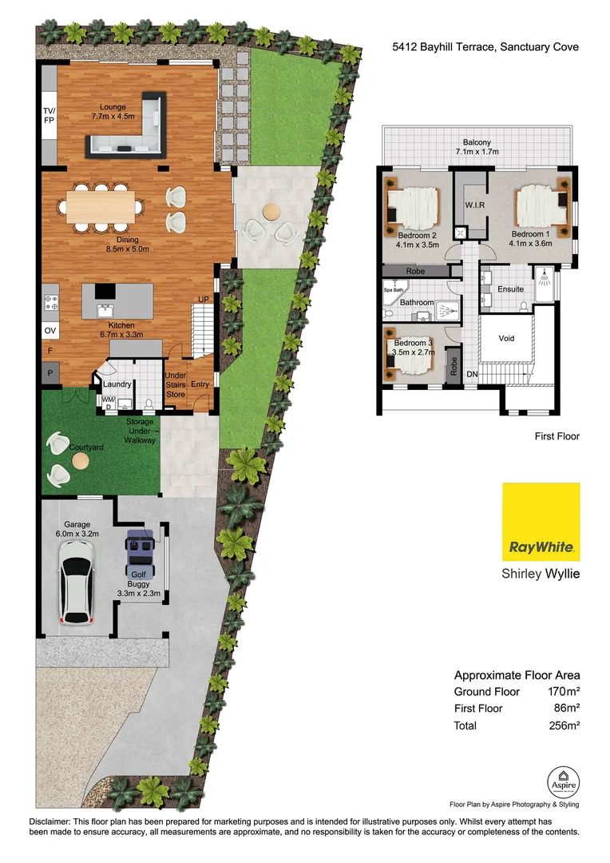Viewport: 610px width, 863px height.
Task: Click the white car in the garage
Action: (x=77, y=582)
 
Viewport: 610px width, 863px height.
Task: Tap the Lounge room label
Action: (x=113, y=106)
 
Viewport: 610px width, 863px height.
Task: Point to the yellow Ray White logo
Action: (x=541, y=523)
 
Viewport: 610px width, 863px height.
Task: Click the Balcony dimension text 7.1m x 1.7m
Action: (x=477, y=151)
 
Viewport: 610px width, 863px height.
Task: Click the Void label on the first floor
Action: (x=506, y=338)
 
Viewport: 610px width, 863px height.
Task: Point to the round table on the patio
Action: (x=271, y=212)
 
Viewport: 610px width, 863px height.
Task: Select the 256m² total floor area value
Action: (x=561, y=726)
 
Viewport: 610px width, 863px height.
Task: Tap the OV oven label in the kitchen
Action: (x=50, y=330)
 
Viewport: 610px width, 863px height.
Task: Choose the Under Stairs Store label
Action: (x=175, y=384)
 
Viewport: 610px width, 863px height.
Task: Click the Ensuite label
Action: (x=510, y=288)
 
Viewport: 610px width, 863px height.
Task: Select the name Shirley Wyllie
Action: (x=540, y=574)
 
